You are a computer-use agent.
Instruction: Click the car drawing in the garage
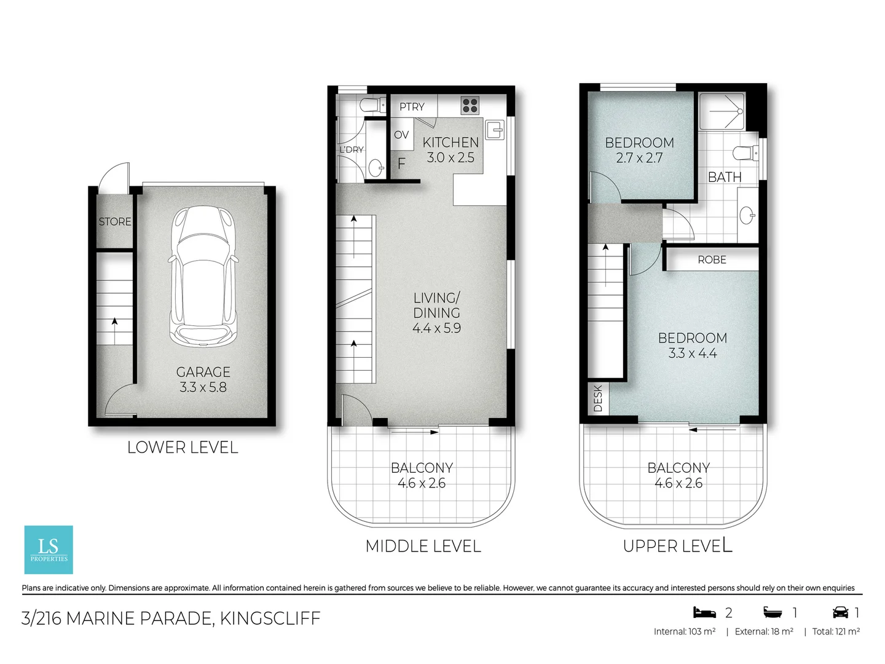[203, 276]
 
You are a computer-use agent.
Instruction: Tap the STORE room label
[115, 221]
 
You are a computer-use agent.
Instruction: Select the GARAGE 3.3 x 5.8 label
[203, 379]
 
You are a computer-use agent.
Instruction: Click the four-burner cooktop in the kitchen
[470, 106]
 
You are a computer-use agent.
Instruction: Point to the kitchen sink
[494, 130]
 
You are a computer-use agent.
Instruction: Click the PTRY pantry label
[412, 106]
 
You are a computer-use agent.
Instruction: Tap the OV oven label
[401, 135]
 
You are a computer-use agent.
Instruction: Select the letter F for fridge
[401, 164]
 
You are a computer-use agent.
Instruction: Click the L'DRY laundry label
[352, 149]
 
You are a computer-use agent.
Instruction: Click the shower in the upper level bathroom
[723, 111]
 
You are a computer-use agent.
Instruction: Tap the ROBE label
[712, 259]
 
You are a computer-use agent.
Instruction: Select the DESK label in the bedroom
[598, 398]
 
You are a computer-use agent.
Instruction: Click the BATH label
[725, 177]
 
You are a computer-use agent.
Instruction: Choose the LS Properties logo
[49, 549]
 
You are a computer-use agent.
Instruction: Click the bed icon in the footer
[705, 612]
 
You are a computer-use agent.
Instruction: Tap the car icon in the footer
[840, 612]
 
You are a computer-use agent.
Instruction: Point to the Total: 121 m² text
[836, 631]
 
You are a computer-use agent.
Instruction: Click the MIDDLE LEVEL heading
[423, 546]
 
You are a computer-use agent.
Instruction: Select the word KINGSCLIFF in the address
[270, 618]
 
